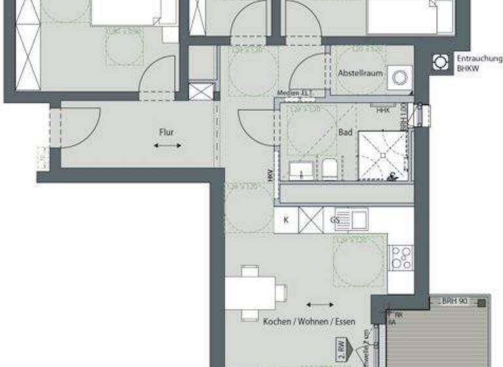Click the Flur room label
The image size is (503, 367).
tap(167, 132)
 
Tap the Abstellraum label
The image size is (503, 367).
tap(360, 73)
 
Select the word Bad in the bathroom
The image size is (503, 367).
tap(345, 132)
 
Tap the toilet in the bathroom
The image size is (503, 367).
tap(329, 168)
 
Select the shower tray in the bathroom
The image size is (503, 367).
tap(382, 155)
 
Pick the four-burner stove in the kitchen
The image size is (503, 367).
tap(400, 258)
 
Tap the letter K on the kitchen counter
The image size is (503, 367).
tap(286, 220)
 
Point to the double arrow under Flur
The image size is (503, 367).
tap(168, 145)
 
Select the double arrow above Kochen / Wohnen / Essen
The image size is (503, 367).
tap(319, 305)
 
